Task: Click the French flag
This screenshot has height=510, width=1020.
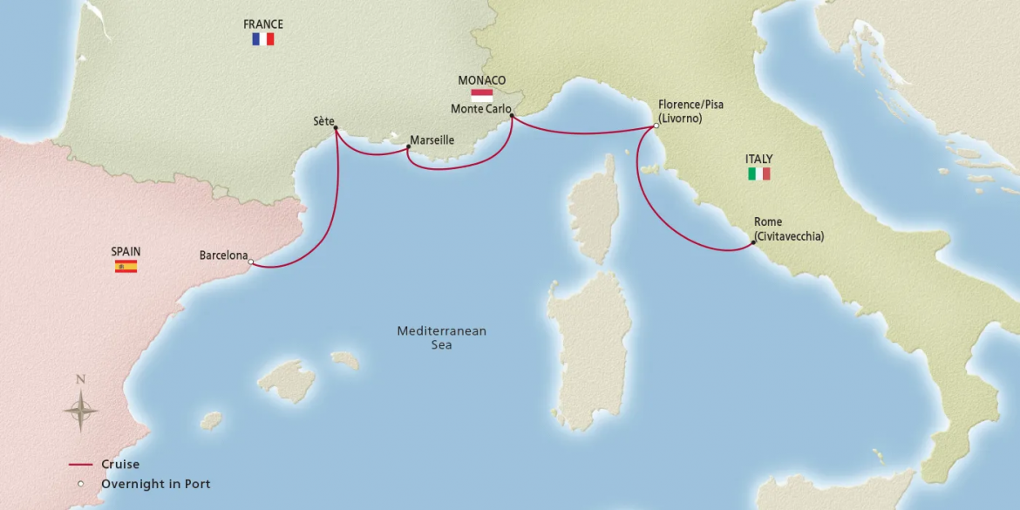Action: [x=263, y=39]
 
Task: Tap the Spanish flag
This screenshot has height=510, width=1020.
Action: [x=126, y=266]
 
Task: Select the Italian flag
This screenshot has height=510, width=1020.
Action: [x=759, y=173]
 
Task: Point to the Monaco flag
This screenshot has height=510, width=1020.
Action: [x=481, y=94]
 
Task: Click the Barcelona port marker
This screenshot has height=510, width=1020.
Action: [x=250, y=262]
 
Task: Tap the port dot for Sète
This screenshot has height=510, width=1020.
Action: [x=336, y=129]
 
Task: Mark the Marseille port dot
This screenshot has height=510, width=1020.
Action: [x=408, y=148]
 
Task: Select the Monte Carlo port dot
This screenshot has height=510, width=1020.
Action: [x=511, y=115]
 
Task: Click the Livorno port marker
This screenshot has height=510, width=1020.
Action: [x=656, y=126]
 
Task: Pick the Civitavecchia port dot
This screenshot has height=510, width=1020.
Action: [x=753, y=242]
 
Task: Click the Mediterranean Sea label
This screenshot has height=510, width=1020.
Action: [x=441, y=338]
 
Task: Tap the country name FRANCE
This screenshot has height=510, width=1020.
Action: [x=263, y=24]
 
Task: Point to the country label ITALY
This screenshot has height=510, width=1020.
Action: [x=758, y=160]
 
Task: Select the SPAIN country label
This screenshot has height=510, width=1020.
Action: [x=126, y=252]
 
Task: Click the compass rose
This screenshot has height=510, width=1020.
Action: [x=80, y=410]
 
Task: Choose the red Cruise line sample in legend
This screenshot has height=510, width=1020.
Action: [x=81, y=466]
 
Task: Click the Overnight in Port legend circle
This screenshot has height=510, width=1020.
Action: [x=81, y=484]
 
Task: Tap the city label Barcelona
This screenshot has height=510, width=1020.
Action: [x=223, y=255]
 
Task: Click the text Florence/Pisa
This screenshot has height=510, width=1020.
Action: [x=690, y=105]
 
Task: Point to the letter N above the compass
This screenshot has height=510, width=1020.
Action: [x=80, y=379]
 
